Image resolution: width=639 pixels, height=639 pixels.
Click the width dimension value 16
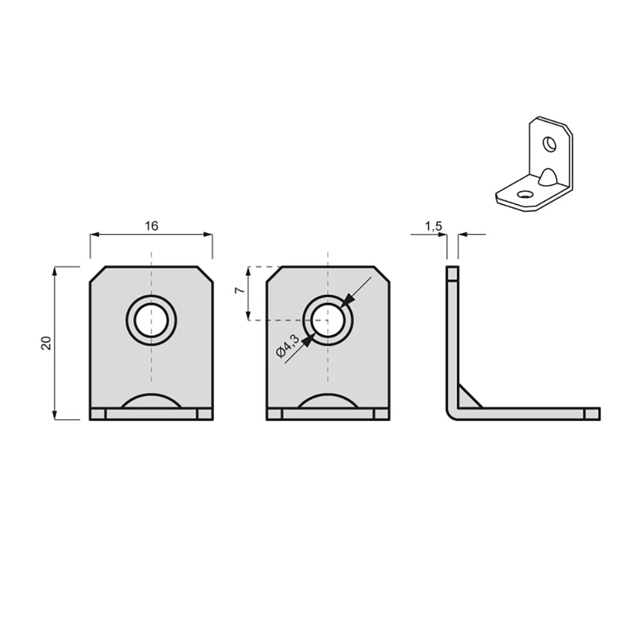point(151,226)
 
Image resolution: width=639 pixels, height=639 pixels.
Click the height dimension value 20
point(47,343)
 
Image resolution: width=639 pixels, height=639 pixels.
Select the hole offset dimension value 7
point(240,290)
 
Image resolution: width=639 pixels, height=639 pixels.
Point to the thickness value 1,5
point(434,226)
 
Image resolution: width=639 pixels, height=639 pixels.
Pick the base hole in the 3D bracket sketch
point(524,194)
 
